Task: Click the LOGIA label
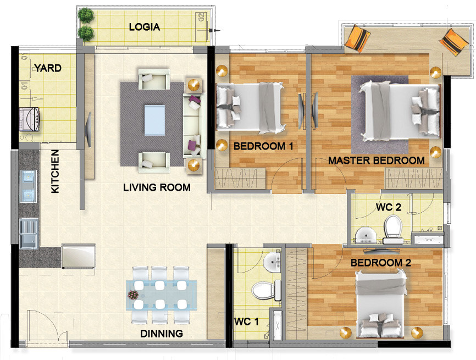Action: pos(144,26)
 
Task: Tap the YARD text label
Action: pos(47,68)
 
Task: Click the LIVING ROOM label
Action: pos(157,187)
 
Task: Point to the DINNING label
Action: pos(161,333)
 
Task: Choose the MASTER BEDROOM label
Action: pos(376,160)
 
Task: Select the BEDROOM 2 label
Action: pos(381,262)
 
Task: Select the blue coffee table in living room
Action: pos(154,120)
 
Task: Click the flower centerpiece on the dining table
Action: pos(134,296)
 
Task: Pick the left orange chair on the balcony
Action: pos(358,38)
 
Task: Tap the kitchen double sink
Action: pos(27,185)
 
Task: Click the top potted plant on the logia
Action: pos(85,14)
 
